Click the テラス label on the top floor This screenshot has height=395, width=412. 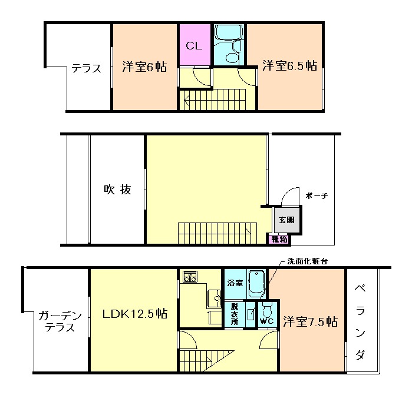point(87,68)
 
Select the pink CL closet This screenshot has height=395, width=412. point(194,45)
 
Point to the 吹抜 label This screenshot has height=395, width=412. point(117,190)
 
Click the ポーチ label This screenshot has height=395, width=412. point(316,196)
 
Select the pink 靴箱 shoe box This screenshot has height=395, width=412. point(279,240)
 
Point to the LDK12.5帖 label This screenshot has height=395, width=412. point(135,314)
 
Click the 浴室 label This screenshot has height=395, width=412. point(235,283)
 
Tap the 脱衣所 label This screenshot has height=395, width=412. point(234,314)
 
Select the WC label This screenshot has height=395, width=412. point(266,321)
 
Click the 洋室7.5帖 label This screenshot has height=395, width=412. point(309,322)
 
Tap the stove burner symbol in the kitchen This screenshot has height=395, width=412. point(190,276)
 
